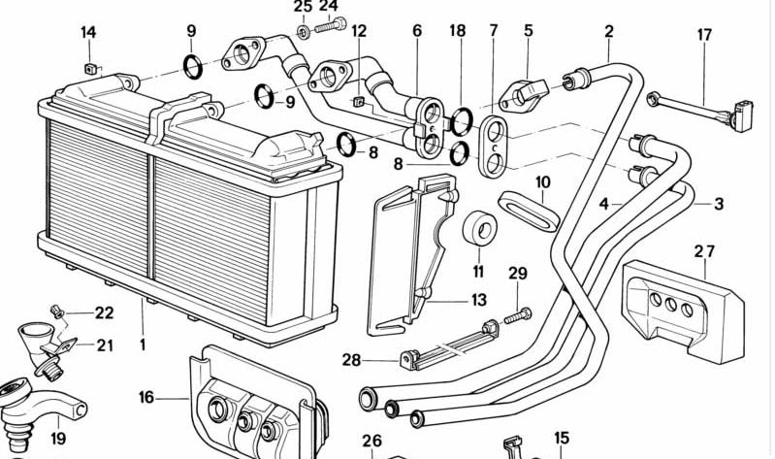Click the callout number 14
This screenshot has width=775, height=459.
coord(88,33)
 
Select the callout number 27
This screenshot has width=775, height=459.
coord(704,251)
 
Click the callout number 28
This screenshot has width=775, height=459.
coord(351,360)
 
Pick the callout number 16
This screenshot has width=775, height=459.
coord(145,397)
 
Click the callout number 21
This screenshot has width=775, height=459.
coord(104,344)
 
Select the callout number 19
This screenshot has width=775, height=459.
coord(58,439)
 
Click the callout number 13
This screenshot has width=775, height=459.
coord(478,301)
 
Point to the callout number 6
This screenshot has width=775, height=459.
coord(417,31)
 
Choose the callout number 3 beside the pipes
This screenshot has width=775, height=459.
coord(718,204)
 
